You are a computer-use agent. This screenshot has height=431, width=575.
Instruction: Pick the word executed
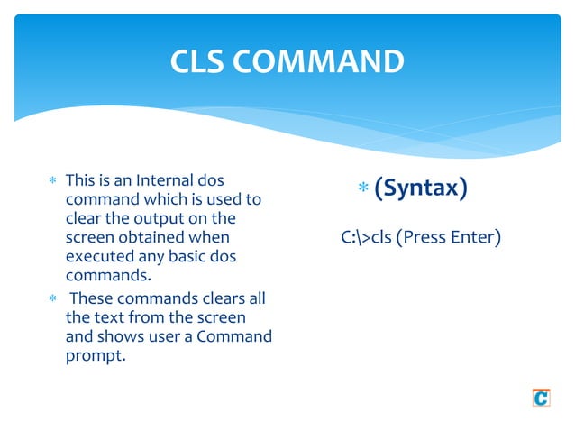[101, 256]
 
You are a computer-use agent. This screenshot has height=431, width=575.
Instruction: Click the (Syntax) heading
[420, 188]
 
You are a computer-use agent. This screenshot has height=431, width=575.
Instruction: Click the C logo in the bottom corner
[541, 397]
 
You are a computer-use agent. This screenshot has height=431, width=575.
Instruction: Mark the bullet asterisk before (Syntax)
[363, 189]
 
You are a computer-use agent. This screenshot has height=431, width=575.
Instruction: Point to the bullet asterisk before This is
[53, 181]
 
